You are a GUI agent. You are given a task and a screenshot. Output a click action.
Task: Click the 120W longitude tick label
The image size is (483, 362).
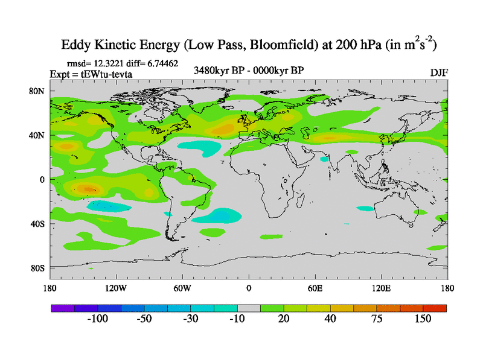[115, 288]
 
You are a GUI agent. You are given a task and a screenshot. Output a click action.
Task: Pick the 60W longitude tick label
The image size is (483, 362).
[182, 288]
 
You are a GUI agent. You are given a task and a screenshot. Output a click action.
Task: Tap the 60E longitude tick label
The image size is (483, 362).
[315, 288]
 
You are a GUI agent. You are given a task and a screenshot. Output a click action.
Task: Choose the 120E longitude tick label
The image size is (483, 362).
[382, 288]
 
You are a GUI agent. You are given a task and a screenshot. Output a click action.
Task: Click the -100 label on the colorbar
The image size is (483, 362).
[98, 319]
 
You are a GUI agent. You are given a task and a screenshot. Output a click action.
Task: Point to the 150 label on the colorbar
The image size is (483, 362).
[423, 319]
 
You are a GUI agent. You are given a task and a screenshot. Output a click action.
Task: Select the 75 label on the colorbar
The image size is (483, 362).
[377, 319]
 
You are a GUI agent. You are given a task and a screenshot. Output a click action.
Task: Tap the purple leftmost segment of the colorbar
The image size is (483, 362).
[62, 308]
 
